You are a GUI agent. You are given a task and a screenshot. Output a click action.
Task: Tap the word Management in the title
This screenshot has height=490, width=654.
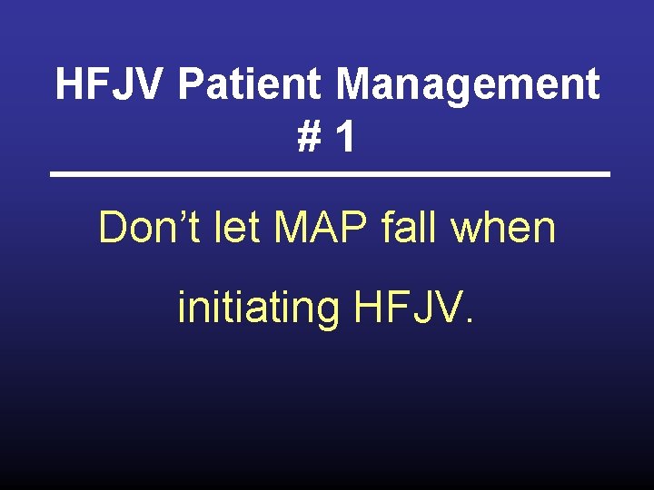coord(469,85)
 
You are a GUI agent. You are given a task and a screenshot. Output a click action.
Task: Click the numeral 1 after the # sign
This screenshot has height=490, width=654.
coord(343,137)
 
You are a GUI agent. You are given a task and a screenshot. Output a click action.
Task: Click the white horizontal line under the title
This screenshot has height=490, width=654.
coord(329,174)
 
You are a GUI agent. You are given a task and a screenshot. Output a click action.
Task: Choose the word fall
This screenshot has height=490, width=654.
coord(411,227)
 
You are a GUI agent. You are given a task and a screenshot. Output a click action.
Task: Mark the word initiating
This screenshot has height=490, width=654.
coord(257,307)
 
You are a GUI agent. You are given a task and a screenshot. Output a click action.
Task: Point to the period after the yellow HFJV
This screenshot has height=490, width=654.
coord(469,321)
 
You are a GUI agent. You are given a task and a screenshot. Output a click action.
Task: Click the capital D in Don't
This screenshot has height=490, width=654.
coord(113,227)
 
